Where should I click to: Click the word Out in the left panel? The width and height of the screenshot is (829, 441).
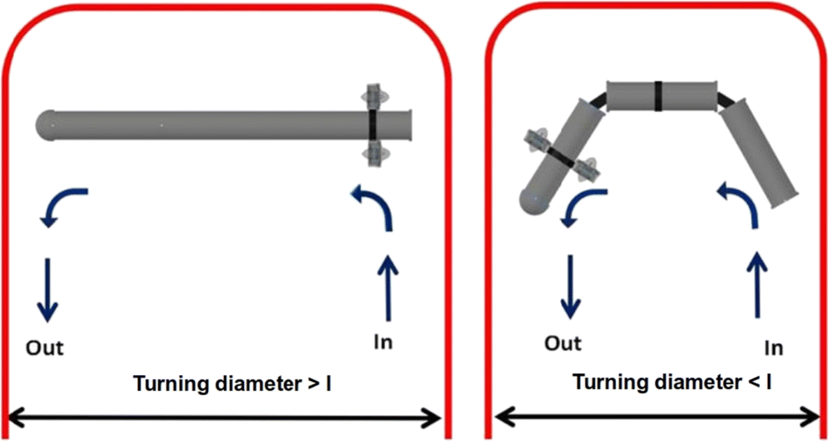(x=47, y=345)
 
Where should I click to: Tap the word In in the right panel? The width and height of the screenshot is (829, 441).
(x=775, y=345)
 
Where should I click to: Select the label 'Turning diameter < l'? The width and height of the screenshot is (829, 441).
(x=672, y=383)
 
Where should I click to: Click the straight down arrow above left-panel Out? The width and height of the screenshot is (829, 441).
(x=47, y=289)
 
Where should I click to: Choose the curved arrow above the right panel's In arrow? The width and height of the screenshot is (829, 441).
(x=740, y=205)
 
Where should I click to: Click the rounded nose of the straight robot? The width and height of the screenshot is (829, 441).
(x=46, y=124)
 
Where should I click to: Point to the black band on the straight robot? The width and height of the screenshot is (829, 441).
(x=374, y=124)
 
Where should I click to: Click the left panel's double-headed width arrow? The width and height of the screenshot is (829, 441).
(x=225, y=414)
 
